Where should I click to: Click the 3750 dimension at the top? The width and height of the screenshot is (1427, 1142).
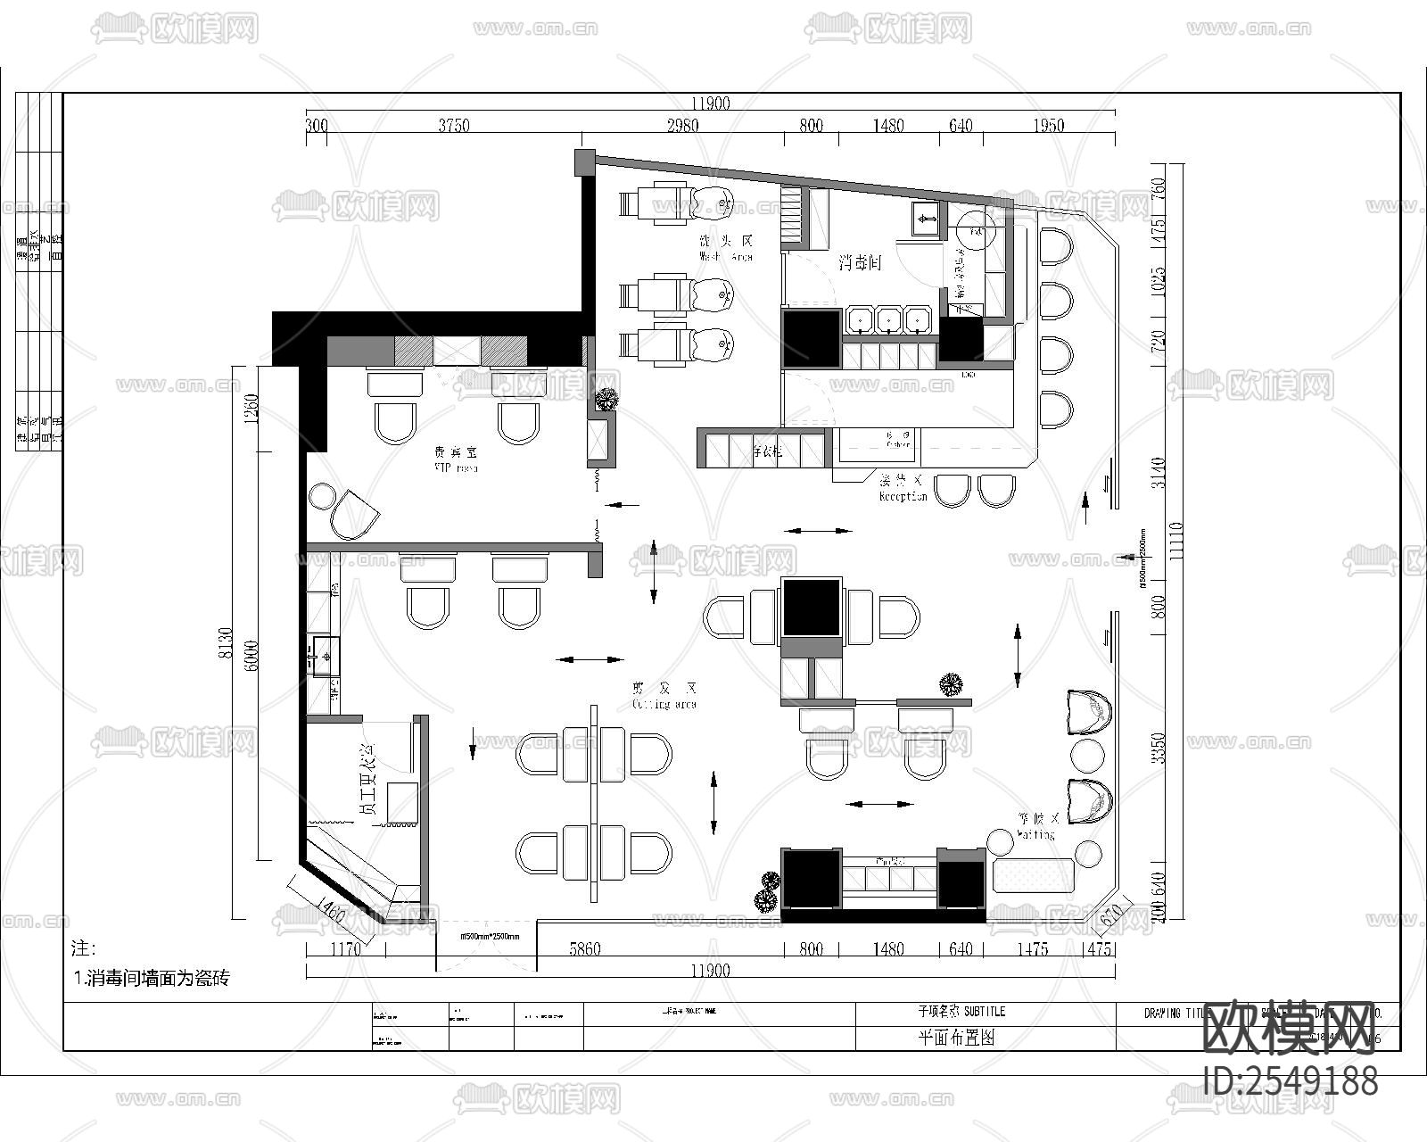453,126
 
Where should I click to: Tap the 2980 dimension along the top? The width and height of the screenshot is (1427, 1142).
682,126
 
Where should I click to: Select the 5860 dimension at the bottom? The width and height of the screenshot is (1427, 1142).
584,949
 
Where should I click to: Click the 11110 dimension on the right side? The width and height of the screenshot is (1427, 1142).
1175,541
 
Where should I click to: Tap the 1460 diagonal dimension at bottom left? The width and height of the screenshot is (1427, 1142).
329,911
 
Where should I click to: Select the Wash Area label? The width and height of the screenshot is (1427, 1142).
726,249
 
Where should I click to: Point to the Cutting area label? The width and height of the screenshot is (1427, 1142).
664,697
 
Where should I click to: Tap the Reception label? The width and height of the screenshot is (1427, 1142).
903,489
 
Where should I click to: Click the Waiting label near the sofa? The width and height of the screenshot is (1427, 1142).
1035,826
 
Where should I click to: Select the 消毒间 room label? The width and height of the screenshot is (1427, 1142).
860,263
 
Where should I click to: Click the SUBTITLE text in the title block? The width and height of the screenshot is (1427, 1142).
961,1011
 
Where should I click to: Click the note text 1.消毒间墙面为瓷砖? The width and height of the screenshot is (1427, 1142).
152,978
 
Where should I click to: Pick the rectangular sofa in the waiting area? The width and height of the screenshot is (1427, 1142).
1034,874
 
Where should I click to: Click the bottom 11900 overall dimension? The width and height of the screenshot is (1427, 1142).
711,971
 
